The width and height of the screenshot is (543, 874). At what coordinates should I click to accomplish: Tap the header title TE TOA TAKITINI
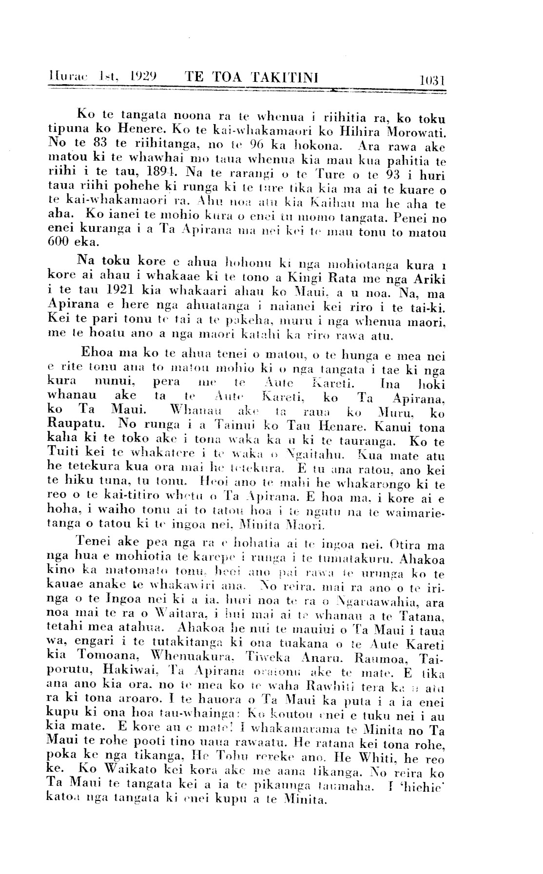(x=252, y=78)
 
